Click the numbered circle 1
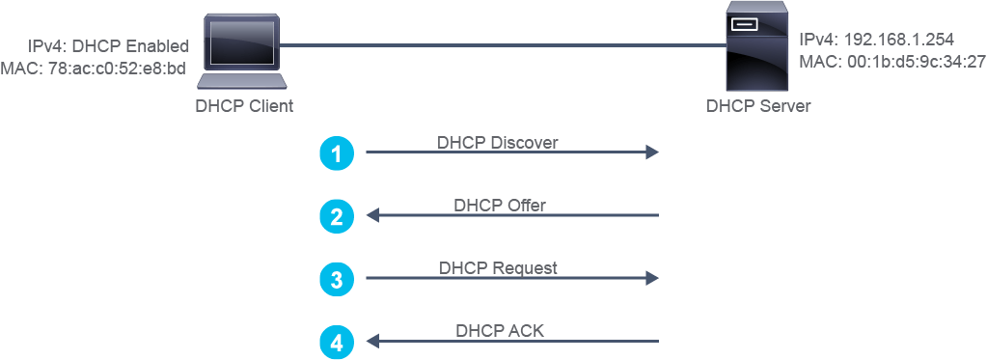pos(337,153)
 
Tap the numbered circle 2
pos(337,216)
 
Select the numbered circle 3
pos(337,279)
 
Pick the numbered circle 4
pos(337,343)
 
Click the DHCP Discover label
pos(497,143)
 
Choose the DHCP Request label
pos(498,268)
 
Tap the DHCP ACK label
pos(499,331)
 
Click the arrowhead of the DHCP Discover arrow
pos(652,152)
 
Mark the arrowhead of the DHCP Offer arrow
pos(373,216)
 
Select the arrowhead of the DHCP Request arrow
pos(652,278)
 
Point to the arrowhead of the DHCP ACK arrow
pos(373,342)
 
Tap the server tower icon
pos(757,46)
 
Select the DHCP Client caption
pos(244,106)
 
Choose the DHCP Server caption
pos(758,106)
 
